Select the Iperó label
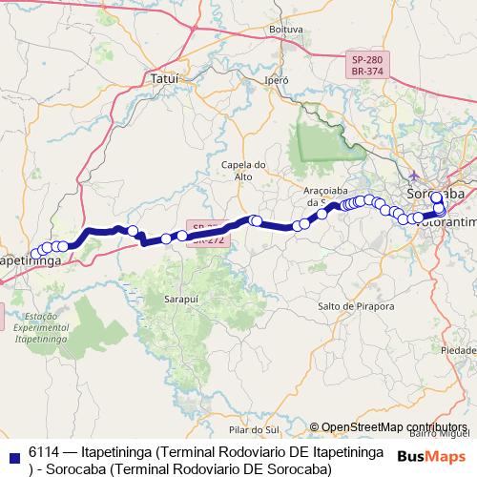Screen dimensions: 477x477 277,80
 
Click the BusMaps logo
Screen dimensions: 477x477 431,454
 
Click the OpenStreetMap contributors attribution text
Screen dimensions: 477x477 387,427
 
